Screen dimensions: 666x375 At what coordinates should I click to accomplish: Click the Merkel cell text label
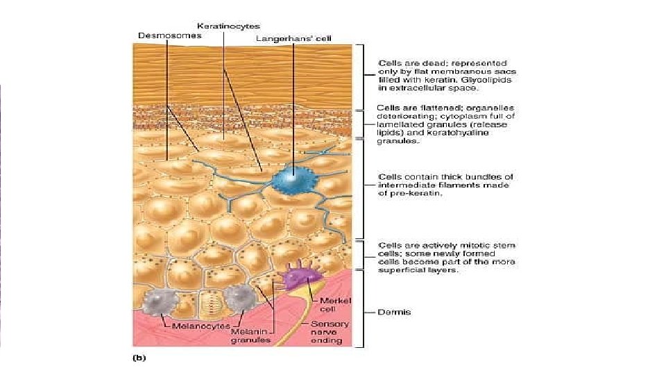(x=336, y=304)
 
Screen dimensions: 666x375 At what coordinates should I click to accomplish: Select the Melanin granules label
(x=252, y=335)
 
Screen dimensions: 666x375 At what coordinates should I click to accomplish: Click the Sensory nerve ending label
(x=330, y=332)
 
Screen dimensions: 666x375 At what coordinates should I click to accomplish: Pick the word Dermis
(x=394, y=312)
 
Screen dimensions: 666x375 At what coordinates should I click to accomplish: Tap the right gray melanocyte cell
(x=238, y=298)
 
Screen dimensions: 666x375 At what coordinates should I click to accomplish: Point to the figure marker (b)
(x=139, y=359)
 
